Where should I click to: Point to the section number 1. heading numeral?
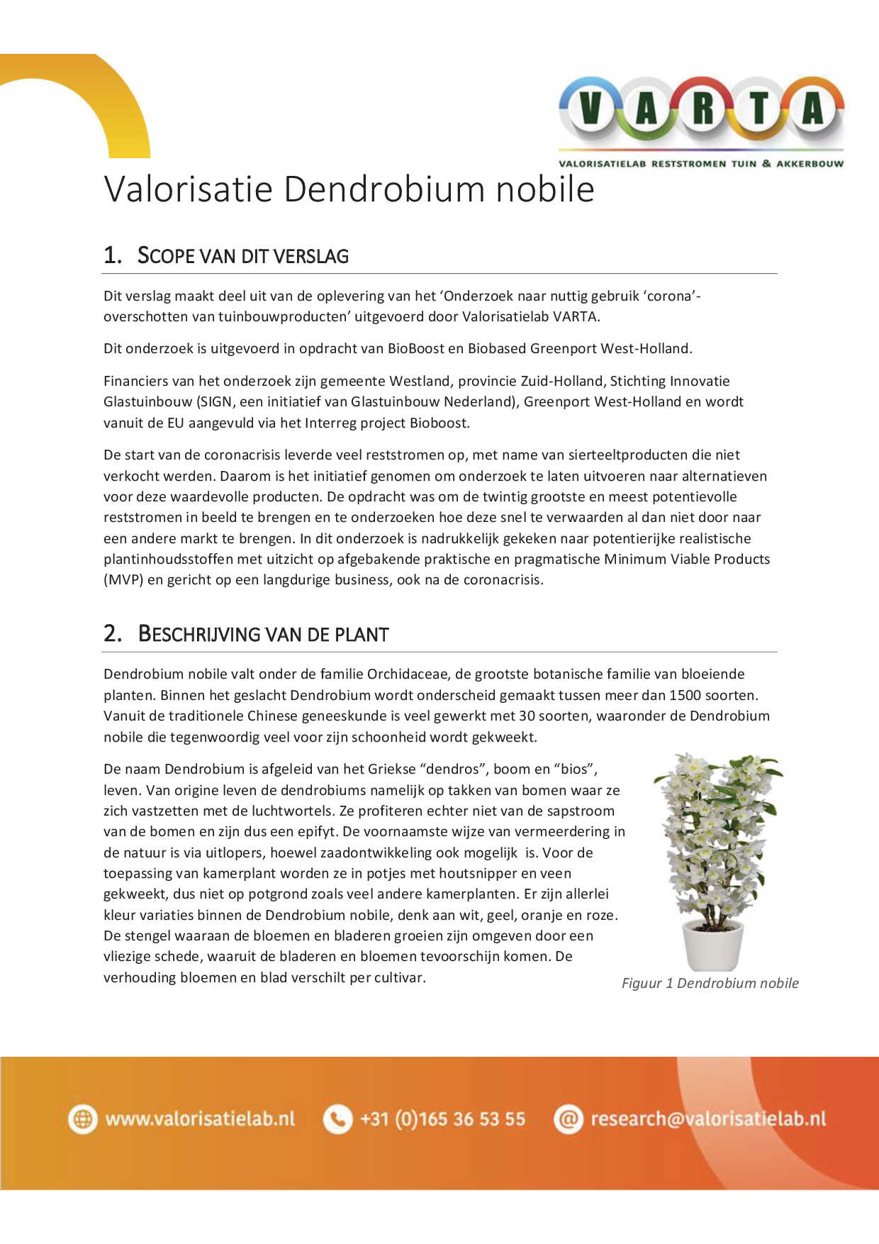[x=113, y=255]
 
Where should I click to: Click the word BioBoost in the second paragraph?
[x=413, y=348]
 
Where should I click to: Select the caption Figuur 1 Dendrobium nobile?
[x=710, y=983]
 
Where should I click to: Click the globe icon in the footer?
[x=83, y=1119]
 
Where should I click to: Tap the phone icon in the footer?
[x=338, y=1119]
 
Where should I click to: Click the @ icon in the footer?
[x=568, y=1119]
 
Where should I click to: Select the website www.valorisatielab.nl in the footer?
[x=200, y=1119]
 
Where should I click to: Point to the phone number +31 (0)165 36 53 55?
[x=443, y=1119]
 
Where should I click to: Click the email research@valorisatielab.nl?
[x=708, y=1119]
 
